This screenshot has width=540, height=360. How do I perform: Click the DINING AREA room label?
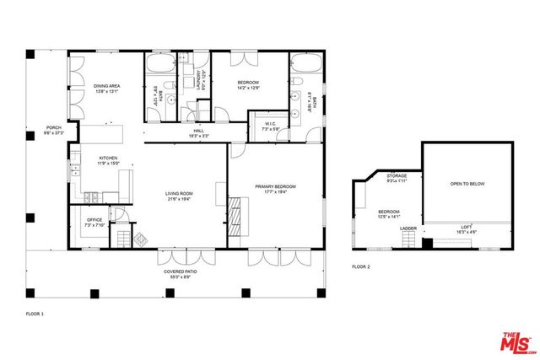pyautogui.click(x=105, y=85)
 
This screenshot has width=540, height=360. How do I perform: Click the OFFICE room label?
pyautogui.click(x=94, y=221)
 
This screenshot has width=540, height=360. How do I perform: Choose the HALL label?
pyautogui.click(x=198, y=130)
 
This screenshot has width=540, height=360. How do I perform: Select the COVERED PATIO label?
pyautogui.click(x=181, y=271)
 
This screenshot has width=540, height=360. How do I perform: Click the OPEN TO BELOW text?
pyautogui.click(x=467, y=184)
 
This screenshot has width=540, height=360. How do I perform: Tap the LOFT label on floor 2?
pyautogui.click(x=467, y=226)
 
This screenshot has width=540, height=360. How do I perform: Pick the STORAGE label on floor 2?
pyautogui.click(x=397, y=176)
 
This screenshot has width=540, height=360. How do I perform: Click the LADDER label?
pyautogui.click(x=408, y=228)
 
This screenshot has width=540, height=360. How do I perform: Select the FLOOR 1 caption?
pyautogui.click(x=37, y=314)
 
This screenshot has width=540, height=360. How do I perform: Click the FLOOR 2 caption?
pyautogui.click(x=361, y=266)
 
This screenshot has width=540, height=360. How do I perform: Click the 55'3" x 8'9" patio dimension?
pyautogui.click(x=181, y=277)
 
